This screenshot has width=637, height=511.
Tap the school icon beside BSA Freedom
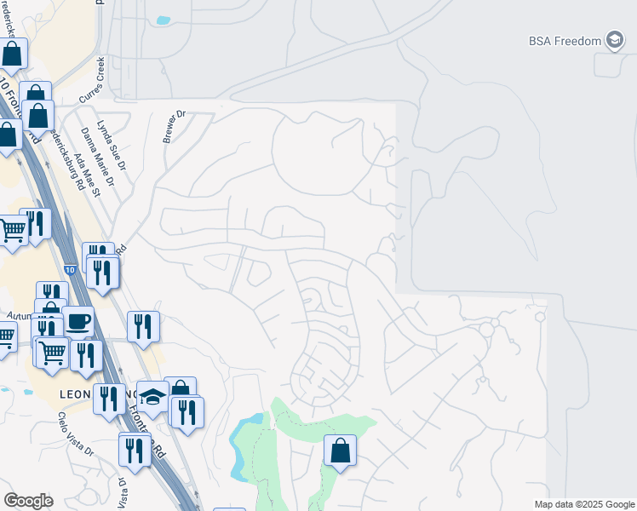click(615, 41)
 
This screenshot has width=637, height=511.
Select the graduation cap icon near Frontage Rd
click(153, 397)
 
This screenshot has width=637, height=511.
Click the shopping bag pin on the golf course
click(340, 450)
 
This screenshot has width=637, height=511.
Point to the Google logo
click(28, 501)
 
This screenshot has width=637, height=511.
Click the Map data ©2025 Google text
click(583, 504)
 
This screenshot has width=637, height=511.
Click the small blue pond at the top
click(163, 20)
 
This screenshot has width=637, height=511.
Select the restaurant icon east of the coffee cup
click(143, 326)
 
